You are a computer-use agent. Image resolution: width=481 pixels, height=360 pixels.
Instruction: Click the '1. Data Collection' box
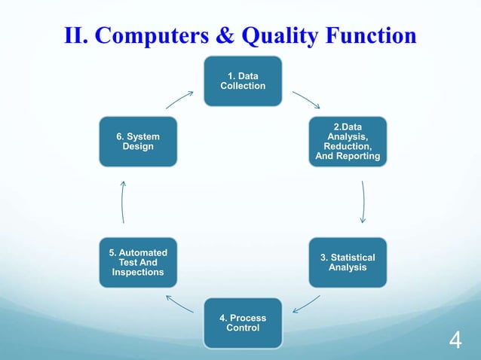coord(243,81)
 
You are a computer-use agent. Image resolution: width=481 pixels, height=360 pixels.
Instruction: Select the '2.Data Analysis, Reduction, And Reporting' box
coord(347,142)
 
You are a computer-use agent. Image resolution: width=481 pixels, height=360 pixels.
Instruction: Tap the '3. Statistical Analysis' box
coord(347,262)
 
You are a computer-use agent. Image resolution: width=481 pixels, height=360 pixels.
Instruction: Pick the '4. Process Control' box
coord(243,323)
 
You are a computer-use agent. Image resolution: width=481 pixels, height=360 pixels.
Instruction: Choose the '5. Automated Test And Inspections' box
coord(138,262)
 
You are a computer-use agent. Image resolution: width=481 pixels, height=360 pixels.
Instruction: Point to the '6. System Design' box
coord(138,142)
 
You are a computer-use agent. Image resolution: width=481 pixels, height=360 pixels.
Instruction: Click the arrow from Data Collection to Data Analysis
coord(305,100)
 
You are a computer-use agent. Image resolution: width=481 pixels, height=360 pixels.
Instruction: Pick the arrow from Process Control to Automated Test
coord(179,304)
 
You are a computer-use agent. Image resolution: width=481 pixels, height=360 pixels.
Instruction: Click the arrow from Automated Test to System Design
coord(122,201)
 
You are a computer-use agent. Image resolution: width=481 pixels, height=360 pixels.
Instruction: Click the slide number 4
coord(455,341)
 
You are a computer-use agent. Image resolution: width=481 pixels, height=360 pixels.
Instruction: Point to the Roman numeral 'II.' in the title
coord(75,35)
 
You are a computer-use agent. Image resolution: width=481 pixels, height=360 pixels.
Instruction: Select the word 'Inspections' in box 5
coord(138,272)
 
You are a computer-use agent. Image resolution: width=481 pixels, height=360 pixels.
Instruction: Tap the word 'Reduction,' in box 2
coord(347,147)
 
